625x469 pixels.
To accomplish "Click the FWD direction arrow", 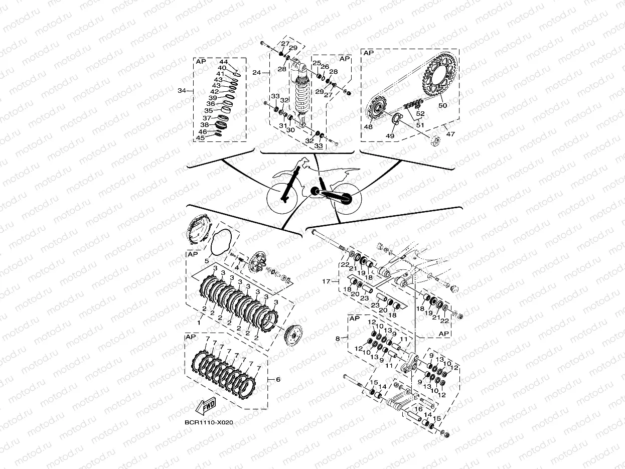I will (205, 406).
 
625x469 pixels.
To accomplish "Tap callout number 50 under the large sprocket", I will (442, 106).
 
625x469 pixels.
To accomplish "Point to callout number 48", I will (369, 127).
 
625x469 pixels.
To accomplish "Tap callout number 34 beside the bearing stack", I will (182, 91).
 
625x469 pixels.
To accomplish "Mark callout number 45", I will (201, 137).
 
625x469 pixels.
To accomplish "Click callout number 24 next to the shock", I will (256, 73).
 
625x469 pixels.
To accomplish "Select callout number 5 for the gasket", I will (207, 261).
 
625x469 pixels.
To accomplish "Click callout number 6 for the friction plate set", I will (277, 380).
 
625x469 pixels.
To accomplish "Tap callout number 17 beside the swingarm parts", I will (327, 281).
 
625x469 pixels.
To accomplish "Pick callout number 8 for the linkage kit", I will (339, 339).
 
